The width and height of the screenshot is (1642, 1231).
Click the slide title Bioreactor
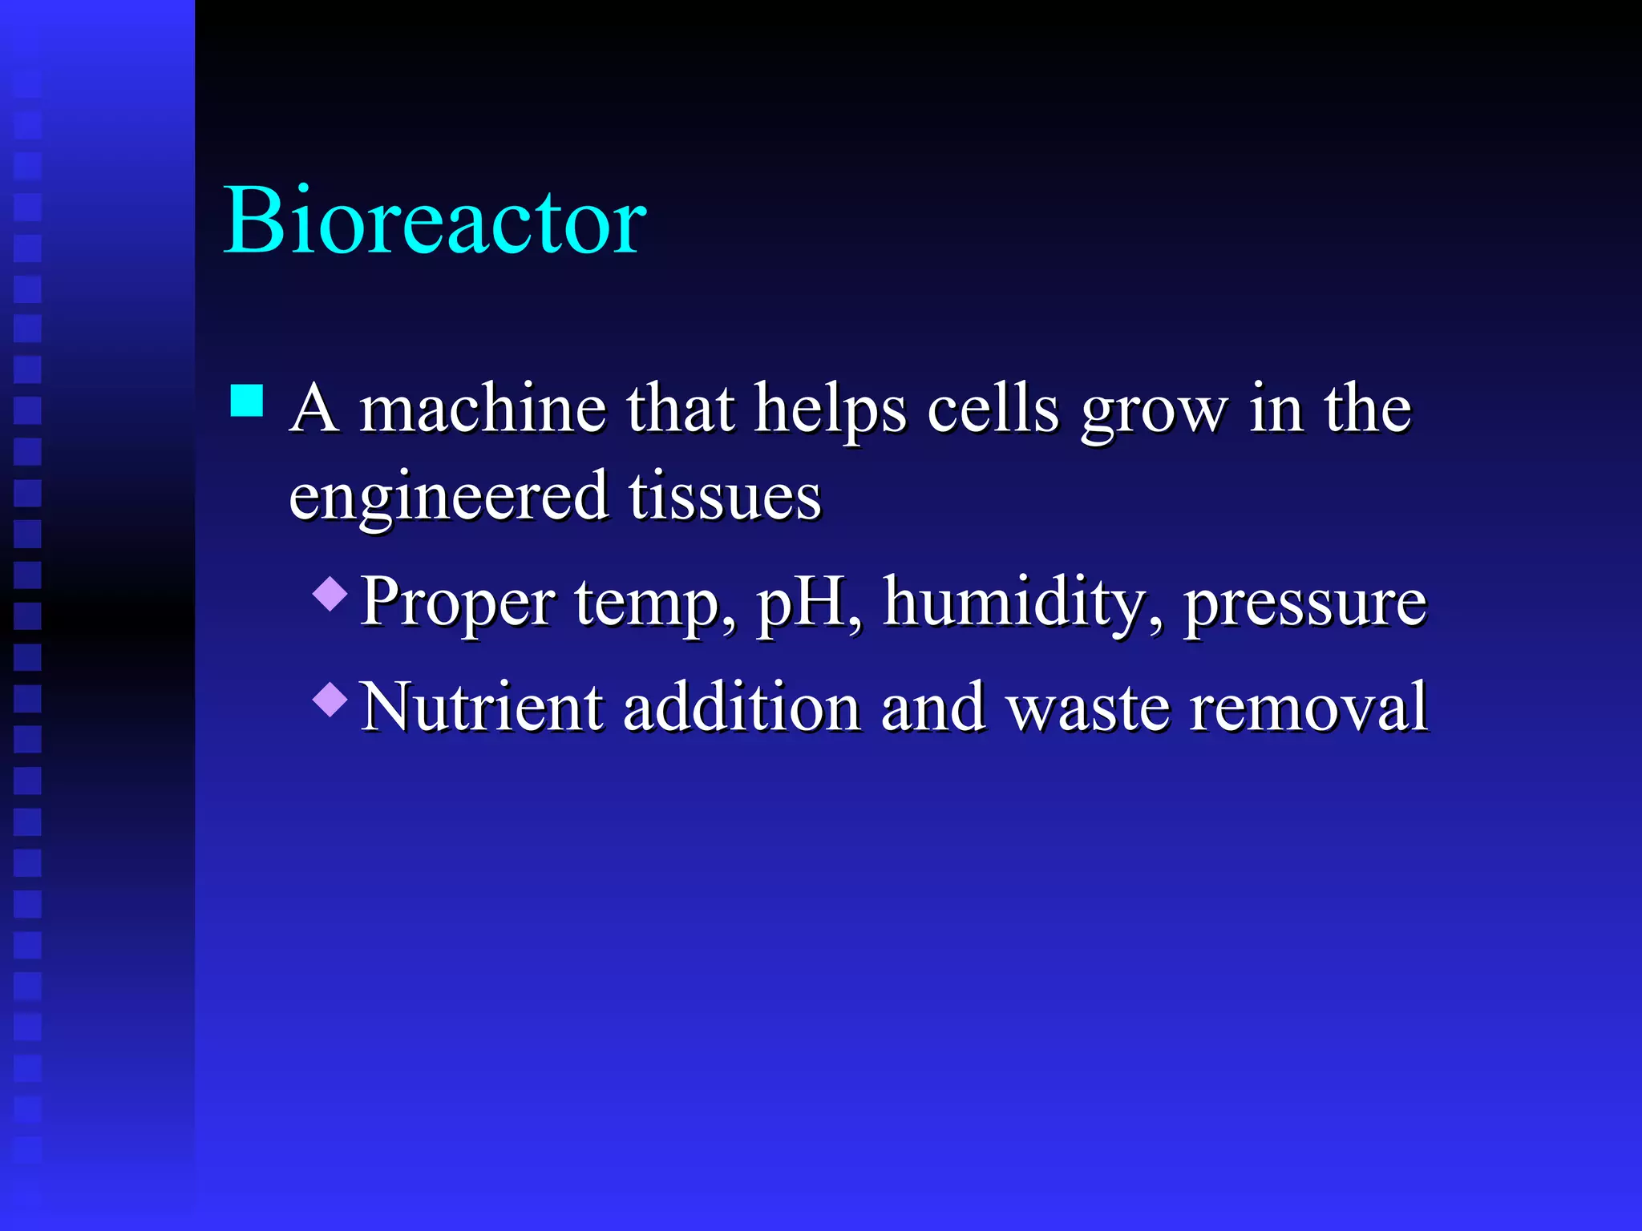coord(435,220)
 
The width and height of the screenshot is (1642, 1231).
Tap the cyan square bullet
coord(247,401)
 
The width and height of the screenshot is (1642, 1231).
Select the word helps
coord(831,410)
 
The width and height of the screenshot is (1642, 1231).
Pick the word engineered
coord(448,498)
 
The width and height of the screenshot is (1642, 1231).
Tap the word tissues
coord(725,496)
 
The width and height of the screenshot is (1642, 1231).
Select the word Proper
coord(458,603)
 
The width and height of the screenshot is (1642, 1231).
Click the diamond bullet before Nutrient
coord(330,700)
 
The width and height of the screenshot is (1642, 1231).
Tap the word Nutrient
coord(482,707)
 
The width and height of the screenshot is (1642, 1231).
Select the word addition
coord(742,707)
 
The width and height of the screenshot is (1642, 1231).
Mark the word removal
coord(1308,707)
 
